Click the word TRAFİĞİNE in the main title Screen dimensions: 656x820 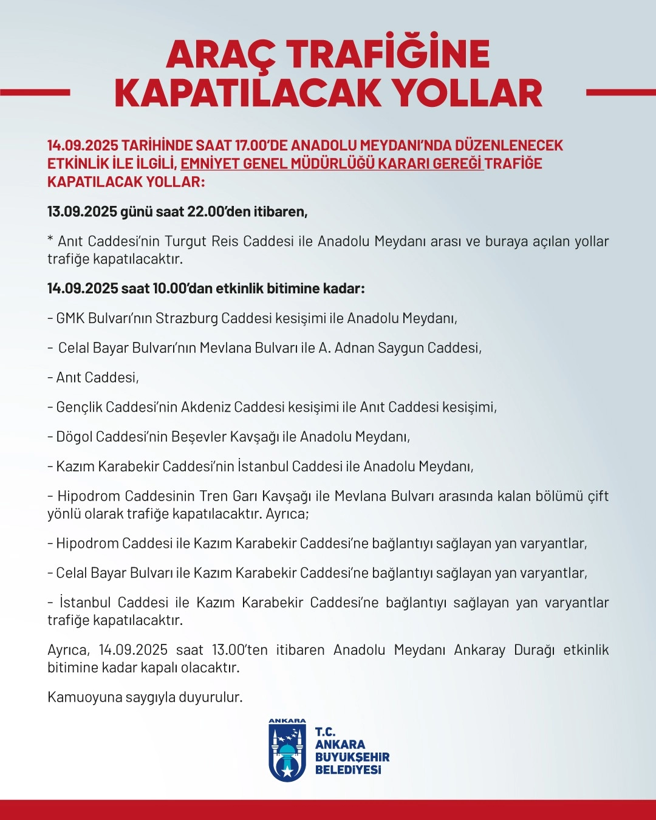pos(388,55)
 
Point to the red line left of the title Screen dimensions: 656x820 pos(35,93)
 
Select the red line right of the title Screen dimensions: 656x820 pos(621,93)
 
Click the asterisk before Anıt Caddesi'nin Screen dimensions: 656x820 pos(50,240)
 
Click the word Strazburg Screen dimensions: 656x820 pos(186,318)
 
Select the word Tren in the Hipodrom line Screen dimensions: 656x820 pos(213,496)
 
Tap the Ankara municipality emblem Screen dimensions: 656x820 pos(287,751)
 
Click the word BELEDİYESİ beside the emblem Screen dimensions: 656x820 pos(348,770)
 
